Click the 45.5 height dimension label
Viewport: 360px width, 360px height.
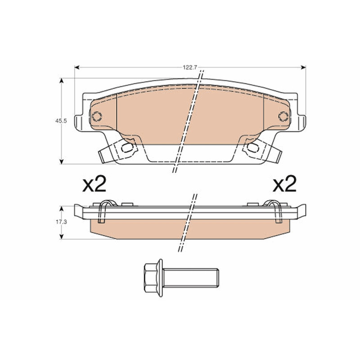pyautogui.click(x=61, y=121)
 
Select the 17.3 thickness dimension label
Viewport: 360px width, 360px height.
pyautogui.click(x=61, y=222)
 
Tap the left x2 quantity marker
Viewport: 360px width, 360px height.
pyautogui.click(x=94, y=184)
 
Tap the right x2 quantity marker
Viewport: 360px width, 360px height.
pyautogui.click(x=285, y=184)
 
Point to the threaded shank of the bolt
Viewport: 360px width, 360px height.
pyautogui.click(x=190, y=278)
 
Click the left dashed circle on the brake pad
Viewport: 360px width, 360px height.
pyautogui.click(x=97, y=117)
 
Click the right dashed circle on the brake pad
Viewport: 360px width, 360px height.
pyautogui.click(x=283, y=117)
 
